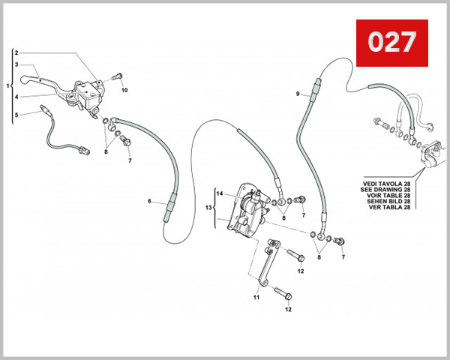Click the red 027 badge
391,43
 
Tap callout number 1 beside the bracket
7,86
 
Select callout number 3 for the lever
16,65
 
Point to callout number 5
16,115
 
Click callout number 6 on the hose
150,201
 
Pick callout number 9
298,94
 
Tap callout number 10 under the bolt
125,90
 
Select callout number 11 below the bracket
255,297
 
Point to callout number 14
220,193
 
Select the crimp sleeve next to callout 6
169,203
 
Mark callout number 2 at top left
16,53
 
